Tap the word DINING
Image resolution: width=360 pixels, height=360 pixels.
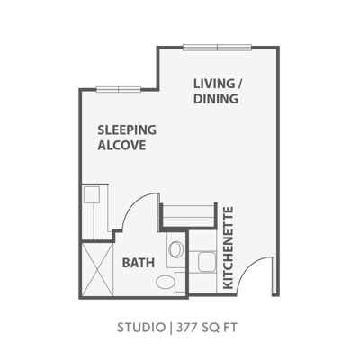pyautogui.click(x=216, y=99)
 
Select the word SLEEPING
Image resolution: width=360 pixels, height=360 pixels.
pyautogui.click(x=127, y=129)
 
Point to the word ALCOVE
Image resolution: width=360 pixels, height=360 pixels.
pyautogui.click(x=121, y=144)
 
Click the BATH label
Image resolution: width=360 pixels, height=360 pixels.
pyautogui.click(x=138, y=263)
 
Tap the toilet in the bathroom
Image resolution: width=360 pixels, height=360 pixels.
pyautogui.click(x=166, y=283)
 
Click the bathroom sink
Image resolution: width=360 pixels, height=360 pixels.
pyautogui.click(x=176, y=250)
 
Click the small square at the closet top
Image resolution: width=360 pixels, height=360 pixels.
pyautogui.click(x=90, y=193)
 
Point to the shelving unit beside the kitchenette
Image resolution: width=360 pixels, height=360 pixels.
pyautogui.click(x=187, y=217)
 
